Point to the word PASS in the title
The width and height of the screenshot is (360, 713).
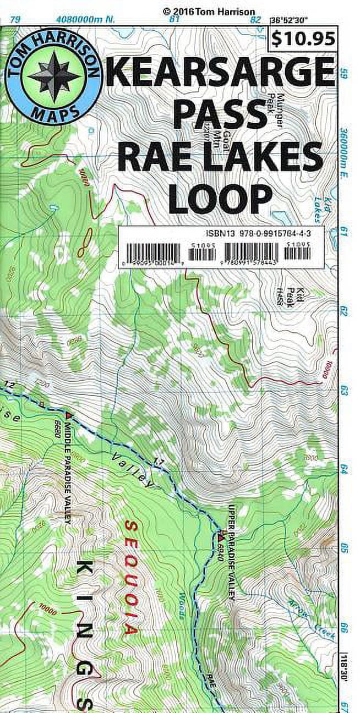point(220,115)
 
